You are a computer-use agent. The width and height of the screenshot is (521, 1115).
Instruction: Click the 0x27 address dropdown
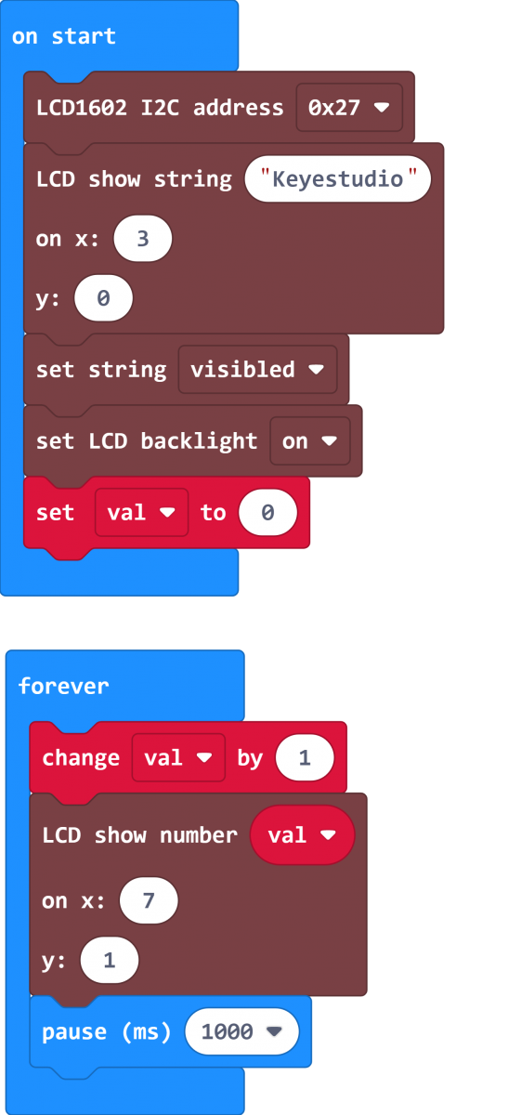point(349,108)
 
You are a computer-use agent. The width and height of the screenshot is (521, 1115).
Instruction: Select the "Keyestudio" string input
point(337,179)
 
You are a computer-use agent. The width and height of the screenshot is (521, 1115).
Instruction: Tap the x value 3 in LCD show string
point(143,239)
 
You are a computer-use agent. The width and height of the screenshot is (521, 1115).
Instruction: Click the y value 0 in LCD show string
point(103,298)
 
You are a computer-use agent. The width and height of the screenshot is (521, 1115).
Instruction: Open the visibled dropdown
point(257,370)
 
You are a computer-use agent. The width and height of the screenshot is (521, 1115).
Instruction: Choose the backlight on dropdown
point(310,441)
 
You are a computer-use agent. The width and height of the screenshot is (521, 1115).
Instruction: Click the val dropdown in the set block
point(141,513)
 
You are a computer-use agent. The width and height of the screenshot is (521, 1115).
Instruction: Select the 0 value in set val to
point(267,513)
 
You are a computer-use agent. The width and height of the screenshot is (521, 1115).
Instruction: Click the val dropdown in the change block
point(178,757)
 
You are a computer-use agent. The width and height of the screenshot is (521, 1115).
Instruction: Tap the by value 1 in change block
point(305,757)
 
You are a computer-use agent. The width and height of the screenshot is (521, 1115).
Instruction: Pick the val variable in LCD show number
point(302,835)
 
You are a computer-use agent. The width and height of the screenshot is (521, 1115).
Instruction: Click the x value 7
point(149,900)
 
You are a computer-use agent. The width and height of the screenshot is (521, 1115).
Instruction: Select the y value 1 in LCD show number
point(110,960)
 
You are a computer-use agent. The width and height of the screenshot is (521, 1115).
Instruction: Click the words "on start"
point(64,36)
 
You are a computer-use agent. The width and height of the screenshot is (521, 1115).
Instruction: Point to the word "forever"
point(63,686)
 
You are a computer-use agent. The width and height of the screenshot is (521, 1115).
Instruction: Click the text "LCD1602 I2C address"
point(160,108)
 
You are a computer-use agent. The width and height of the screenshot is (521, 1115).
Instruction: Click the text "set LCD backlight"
point(147,441)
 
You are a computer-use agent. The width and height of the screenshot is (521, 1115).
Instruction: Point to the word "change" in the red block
point(81,758)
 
